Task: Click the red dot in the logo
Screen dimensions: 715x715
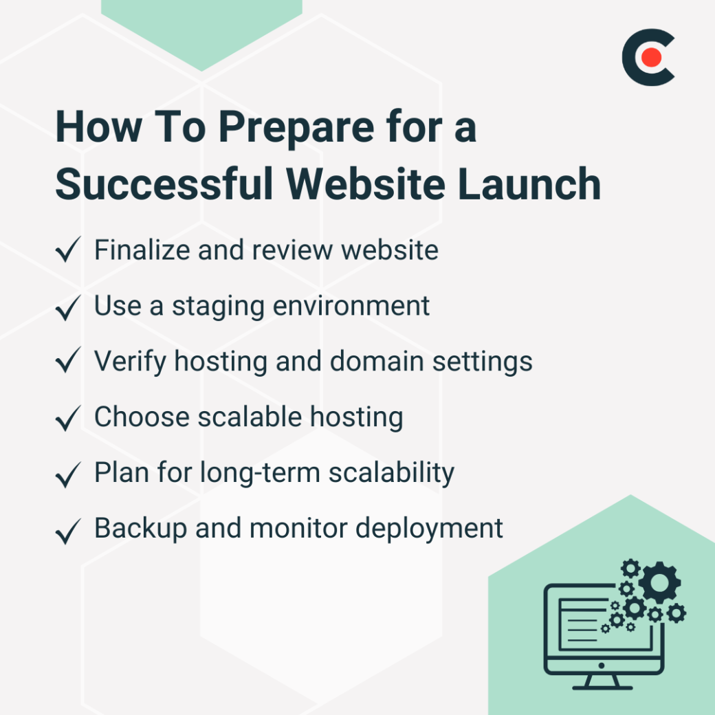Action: click(652, 58)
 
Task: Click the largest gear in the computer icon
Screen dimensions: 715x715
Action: click(659, 582)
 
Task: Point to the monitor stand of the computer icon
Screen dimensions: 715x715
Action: click(603, 681)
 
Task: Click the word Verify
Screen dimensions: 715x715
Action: click(129, 361)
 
